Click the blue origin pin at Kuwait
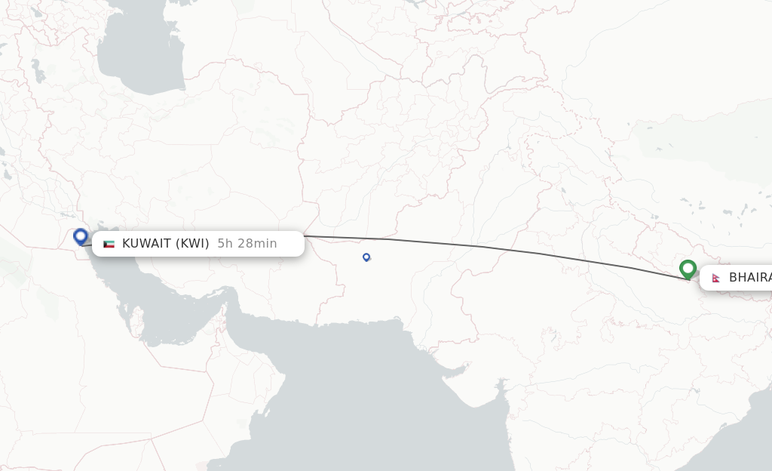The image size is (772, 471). [81, 236]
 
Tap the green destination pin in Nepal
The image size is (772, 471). [688, 269]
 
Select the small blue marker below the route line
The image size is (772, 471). [366, 257]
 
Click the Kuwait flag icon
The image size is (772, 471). [109, 244]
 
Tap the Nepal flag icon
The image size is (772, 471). [715, 278]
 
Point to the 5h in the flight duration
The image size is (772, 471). [225, 243]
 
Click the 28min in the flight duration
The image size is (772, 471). [256, 243]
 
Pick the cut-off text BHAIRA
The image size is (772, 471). [749, 278]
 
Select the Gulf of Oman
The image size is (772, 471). [264, 332]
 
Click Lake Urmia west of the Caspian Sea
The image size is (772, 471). [35, 70]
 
